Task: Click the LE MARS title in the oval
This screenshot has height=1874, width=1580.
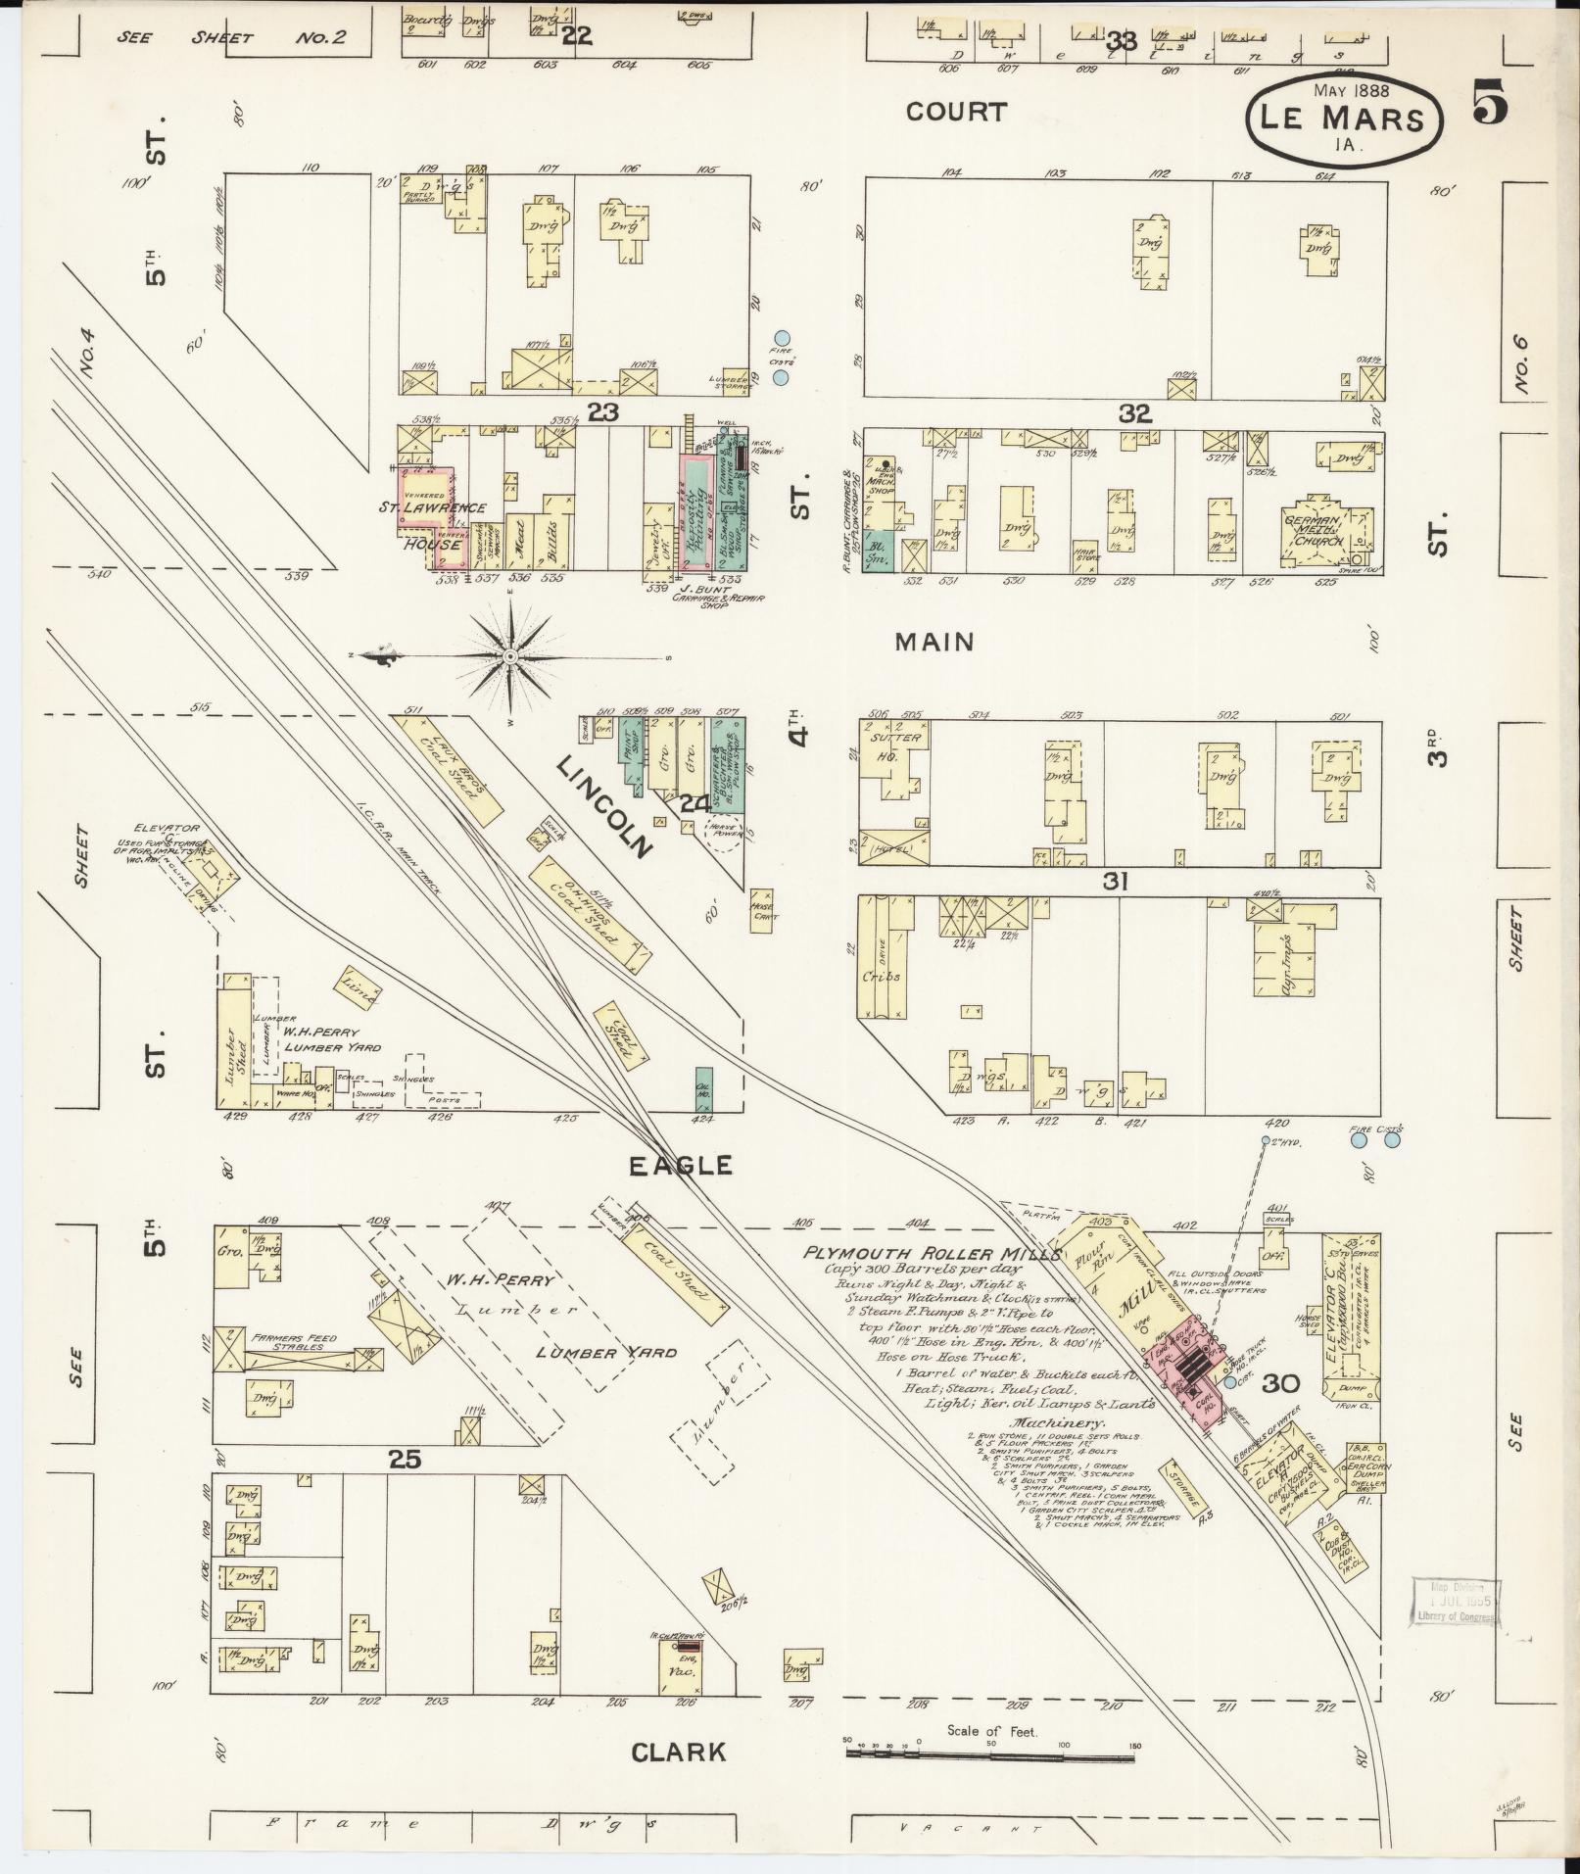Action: click(1344, 120)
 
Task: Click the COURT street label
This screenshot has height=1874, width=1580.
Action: click(956, 112)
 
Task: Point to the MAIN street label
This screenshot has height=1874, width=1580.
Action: click(935, 642)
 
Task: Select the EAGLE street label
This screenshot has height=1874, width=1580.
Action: click(679, 1165)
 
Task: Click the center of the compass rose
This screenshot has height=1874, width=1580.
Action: click(510, 654)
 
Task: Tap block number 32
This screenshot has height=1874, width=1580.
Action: click(1135, 413)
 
